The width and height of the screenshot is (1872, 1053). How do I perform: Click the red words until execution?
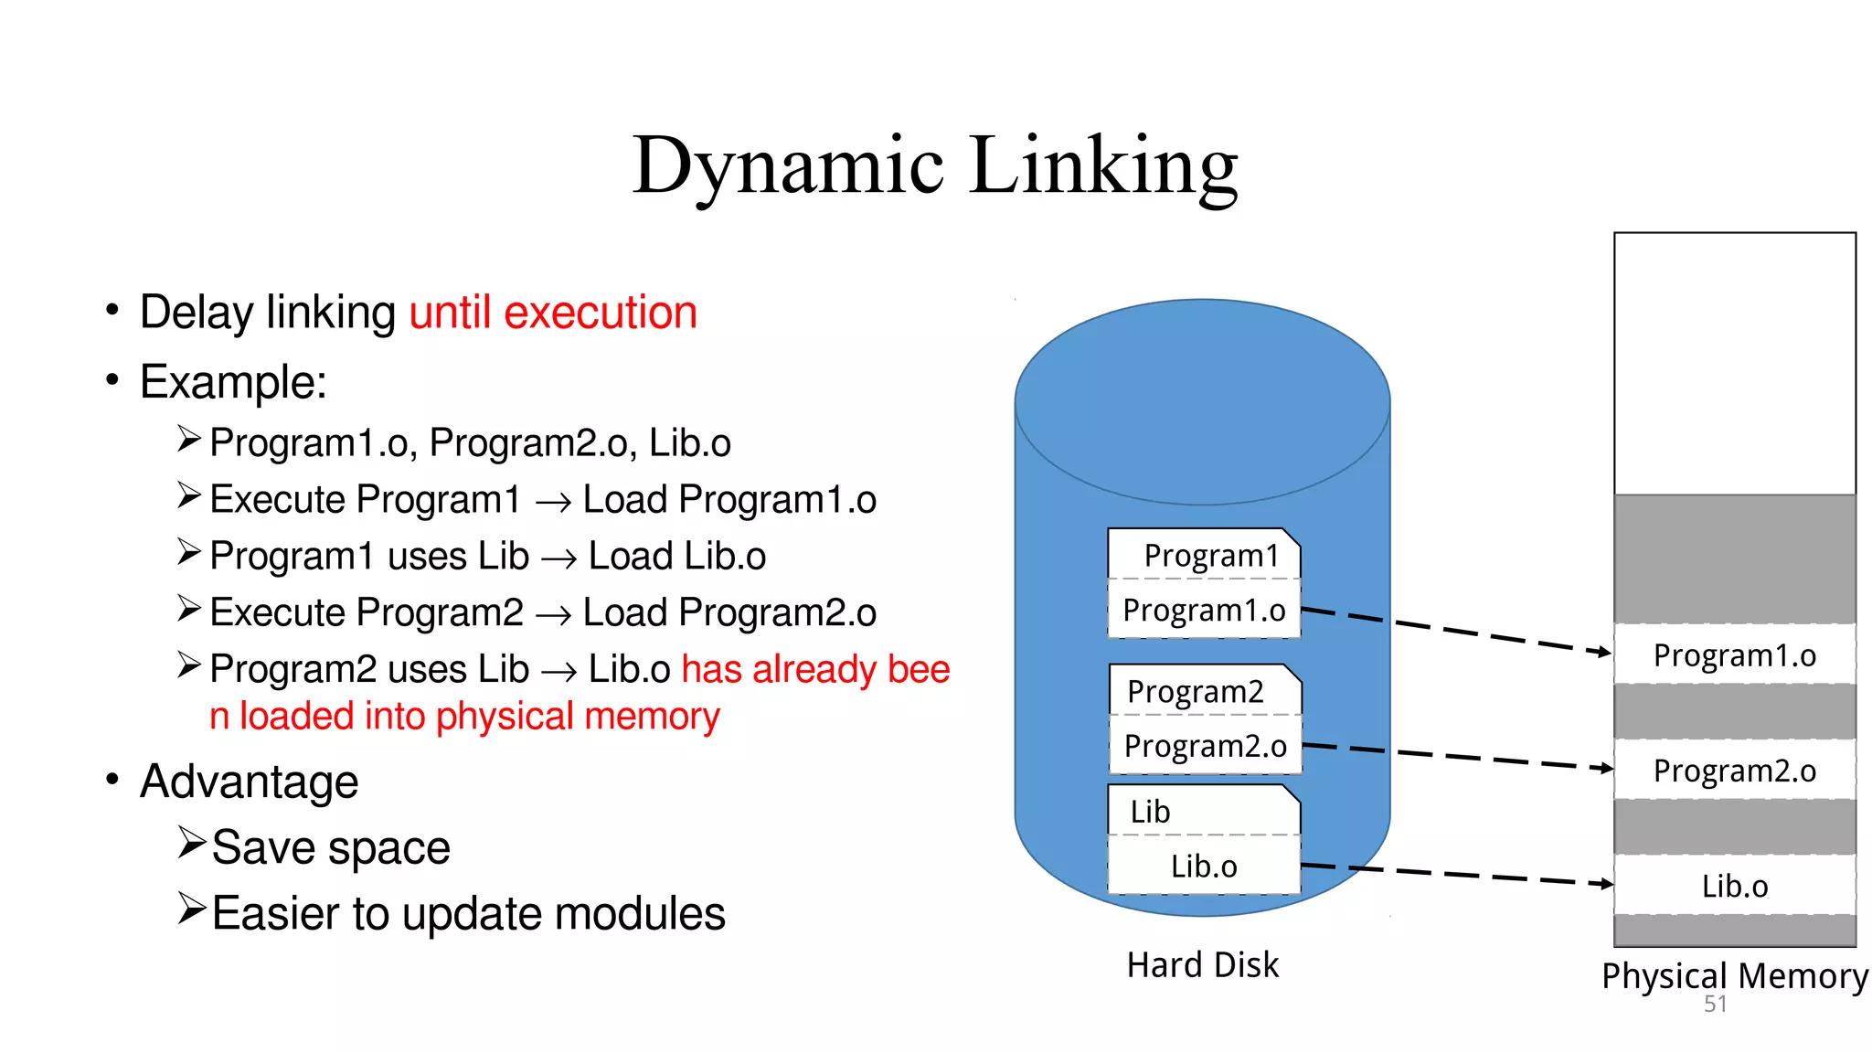point(552,313)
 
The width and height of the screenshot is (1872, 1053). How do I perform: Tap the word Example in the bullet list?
point(232,382)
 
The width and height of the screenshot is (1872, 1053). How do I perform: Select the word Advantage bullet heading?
point(249,782)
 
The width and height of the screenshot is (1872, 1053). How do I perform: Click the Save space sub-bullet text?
point(330,847)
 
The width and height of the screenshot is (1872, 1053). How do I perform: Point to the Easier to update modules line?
point(467,913)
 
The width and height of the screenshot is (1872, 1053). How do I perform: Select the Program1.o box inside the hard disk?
point(1204,610)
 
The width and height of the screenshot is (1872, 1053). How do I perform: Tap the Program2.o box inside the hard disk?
point(1205,746)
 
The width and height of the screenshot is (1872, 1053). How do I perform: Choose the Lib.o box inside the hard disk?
point(1204,866)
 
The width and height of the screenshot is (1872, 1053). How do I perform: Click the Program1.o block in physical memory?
point(1734,655)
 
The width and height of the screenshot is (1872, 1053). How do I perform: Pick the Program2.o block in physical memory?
point(1734,771)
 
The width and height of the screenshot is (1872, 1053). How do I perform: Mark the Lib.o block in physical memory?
point(1734,886)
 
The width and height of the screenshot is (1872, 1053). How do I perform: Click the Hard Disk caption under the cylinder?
point(1202,965)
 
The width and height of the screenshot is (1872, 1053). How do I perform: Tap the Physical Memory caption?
point(1734,976)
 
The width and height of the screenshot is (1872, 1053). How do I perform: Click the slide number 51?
point(1715,1005)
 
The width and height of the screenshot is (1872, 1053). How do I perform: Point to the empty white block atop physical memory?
point(1734,364)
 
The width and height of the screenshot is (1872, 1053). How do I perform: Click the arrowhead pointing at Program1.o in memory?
point(1604,652)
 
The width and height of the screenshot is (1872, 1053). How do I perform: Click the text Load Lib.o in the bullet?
point(676,557)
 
